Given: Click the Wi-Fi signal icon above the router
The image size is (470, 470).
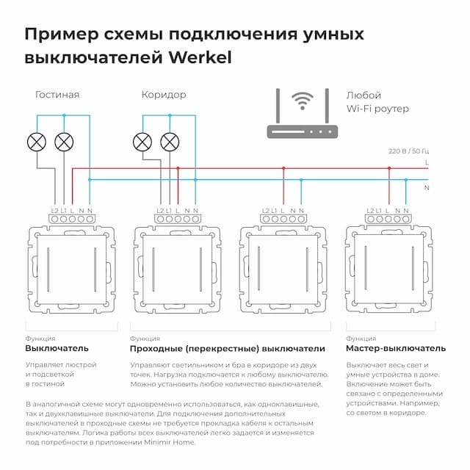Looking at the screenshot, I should tap(301, 101).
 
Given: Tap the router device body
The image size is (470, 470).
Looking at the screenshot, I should tap(301, 131).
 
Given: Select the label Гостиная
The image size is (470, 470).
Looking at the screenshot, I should tap(57, 95).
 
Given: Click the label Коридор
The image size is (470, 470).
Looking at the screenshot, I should tap(163, 95).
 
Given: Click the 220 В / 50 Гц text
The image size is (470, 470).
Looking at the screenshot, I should tap(408, 151).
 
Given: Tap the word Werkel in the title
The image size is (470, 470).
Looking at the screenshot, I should tap(200, 57).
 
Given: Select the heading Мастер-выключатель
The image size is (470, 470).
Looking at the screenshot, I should tap(395, 347).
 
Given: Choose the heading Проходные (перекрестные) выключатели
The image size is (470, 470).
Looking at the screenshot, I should tap(226, 347).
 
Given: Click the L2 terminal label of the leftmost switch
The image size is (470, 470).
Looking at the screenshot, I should tap(55, 211).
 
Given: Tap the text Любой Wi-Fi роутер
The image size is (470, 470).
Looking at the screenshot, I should tap(377, 102).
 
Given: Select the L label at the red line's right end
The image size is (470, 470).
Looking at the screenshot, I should tap(427, 162).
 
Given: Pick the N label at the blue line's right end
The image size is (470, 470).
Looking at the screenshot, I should tap(427, 187).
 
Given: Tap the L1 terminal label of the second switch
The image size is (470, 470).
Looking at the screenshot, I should tap(169, 211).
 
